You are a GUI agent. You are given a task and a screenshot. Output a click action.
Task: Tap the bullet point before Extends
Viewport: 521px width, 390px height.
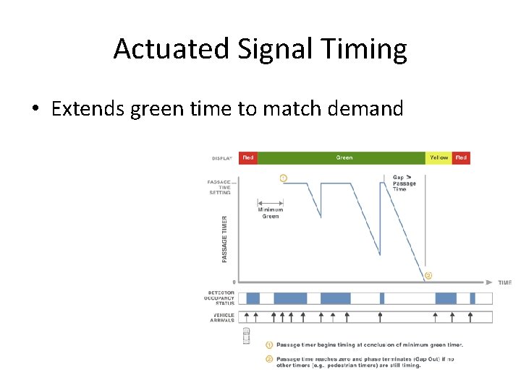pos(35,110)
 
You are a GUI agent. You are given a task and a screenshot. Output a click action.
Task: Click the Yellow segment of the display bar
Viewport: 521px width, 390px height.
pos(439,157)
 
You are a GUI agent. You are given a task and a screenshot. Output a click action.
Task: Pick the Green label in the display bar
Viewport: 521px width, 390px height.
pos(344,157)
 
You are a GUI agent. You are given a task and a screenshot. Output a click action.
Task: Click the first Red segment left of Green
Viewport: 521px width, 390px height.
pos(248,157)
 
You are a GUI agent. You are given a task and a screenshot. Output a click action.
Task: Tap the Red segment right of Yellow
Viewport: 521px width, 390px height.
pos(461,157)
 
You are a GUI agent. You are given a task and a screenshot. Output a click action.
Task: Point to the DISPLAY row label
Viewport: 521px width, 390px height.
pos(222,157)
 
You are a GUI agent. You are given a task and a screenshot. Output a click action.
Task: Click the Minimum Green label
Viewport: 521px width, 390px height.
pos(269,213)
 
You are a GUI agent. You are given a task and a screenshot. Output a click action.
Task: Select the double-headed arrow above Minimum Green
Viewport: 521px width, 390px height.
pos(270,203)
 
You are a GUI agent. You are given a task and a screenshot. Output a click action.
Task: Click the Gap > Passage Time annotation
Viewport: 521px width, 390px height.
pos(404,183)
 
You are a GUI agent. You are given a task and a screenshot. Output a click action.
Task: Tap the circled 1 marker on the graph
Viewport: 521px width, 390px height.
pos(282,177)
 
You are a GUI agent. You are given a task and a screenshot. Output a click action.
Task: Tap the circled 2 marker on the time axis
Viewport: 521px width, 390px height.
pos(428,275)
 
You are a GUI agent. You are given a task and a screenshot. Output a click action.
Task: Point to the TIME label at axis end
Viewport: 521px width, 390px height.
pos(504,282)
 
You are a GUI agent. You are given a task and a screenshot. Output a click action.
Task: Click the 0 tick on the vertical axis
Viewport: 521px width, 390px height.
pos(233,282)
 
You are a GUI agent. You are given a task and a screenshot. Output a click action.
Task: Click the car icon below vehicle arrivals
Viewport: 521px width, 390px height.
pos(246,334)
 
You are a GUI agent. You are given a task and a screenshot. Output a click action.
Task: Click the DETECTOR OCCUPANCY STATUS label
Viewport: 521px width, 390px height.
pos(221,298)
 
